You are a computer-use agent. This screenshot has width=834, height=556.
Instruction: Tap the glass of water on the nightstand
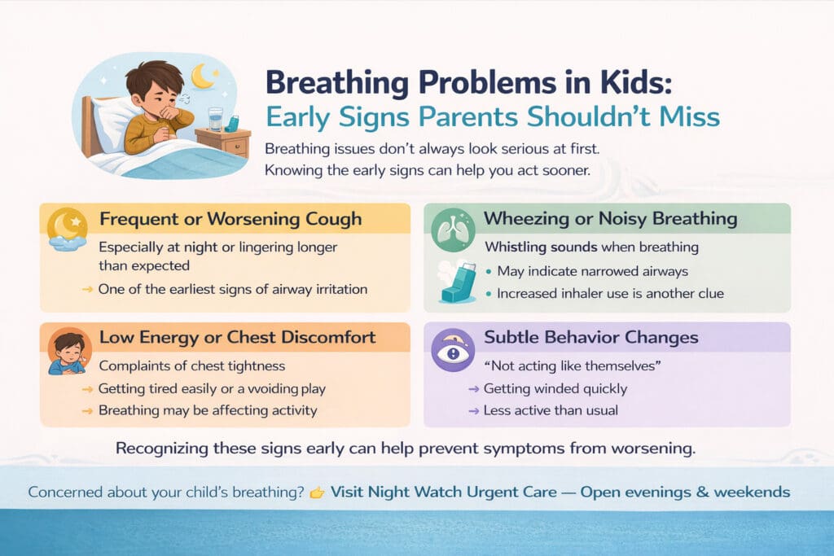[215, 119]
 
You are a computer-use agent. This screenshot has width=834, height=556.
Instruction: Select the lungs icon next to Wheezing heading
[453, 230]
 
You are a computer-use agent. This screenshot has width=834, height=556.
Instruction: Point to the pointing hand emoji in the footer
[317, 493]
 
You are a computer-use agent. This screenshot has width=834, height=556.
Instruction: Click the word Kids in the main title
[635, 83]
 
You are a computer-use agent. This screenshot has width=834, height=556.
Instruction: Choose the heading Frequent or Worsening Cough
[230, 220]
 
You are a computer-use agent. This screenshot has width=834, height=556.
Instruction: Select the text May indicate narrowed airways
[593, 271]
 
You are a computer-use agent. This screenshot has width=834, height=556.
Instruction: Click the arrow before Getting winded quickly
[473, 389]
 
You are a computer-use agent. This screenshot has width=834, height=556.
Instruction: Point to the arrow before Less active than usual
[473, 411]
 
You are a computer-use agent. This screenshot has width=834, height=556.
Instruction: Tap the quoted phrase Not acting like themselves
[573, 366]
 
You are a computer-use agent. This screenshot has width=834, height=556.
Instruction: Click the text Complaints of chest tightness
[192, 366]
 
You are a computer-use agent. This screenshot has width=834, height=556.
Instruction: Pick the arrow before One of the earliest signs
[87, 290]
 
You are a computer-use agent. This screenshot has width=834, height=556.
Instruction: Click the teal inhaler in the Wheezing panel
[457, 282]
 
